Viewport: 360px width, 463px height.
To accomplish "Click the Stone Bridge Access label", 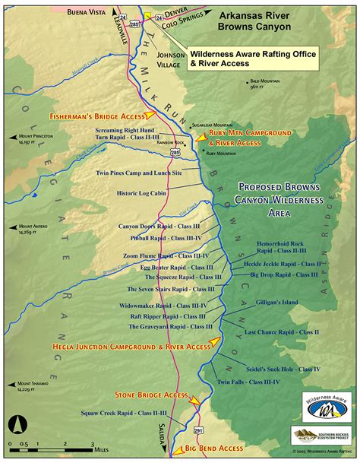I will tap(150, 395).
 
